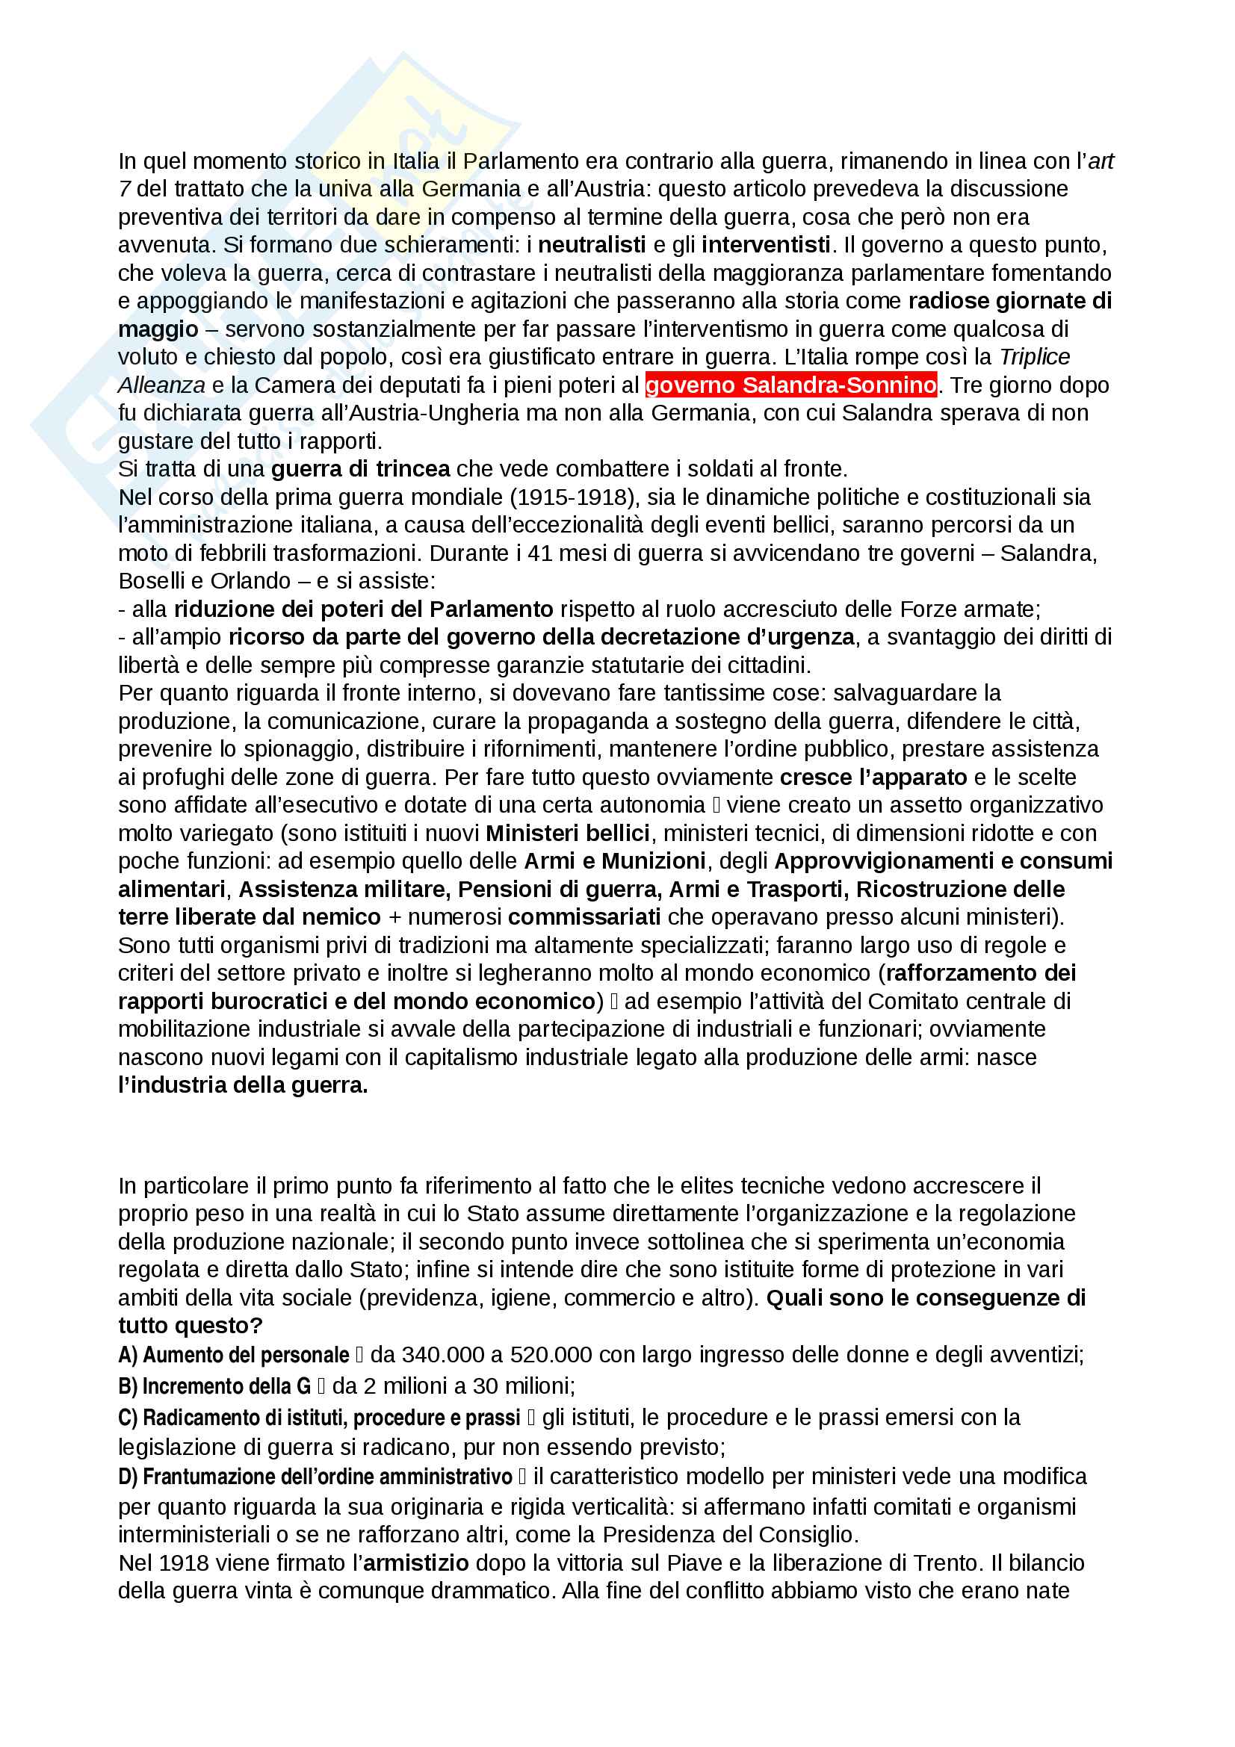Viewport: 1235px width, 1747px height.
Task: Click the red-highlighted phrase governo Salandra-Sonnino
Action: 790,385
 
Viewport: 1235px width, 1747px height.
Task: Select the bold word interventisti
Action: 766,245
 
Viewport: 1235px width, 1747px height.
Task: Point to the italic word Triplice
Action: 1034,357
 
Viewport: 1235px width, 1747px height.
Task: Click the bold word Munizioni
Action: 653,860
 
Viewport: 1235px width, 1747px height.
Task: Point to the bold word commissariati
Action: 584,917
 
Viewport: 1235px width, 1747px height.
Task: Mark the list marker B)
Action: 127,1386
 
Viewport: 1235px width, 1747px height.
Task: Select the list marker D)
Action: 128,1477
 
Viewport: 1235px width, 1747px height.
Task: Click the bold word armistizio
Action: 416,1563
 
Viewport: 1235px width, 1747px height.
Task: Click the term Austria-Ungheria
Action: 341,413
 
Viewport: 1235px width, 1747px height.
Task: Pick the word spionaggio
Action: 299,749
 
